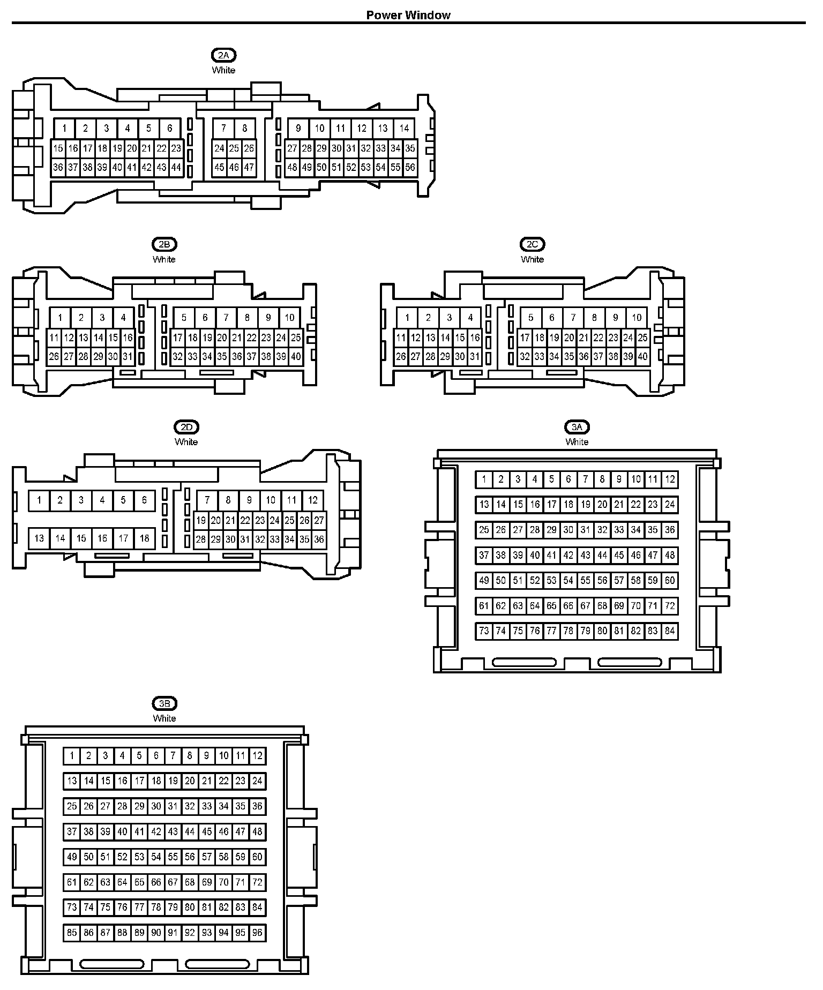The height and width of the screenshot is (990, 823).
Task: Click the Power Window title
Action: point(408,15)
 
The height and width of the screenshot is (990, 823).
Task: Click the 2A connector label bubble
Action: point(223,55)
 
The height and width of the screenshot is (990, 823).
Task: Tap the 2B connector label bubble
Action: point(164,244)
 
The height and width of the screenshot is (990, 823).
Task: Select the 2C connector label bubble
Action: point(532,244)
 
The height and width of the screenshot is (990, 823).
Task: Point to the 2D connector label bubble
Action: point(186,427)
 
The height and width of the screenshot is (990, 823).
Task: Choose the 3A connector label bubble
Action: point(577,427)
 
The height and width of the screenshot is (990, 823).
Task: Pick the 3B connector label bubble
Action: point(164,703)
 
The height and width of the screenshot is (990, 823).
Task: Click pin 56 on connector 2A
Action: point(410,167)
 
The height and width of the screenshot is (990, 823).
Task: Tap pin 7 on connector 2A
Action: point(223,128)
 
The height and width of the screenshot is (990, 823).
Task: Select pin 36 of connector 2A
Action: point(58,167)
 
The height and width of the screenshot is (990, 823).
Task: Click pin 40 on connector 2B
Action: point(296,356)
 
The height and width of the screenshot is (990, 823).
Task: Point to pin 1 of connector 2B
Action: point(60,318)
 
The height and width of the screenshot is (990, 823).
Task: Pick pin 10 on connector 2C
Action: point(637,318)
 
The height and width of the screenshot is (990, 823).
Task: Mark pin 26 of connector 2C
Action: point(401,356)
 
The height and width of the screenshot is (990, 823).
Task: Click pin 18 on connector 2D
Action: point(144,538)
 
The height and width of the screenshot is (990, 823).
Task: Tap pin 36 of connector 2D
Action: point(319,539)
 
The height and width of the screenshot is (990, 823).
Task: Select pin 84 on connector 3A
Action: point(670,631)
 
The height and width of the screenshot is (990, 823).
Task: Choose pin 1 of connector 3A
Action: point(484,479)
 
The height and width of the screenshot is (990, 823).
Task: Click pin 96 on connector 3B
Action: point(258,933)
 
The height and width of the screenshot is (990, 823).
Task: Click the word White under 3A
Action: point(577,442)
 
